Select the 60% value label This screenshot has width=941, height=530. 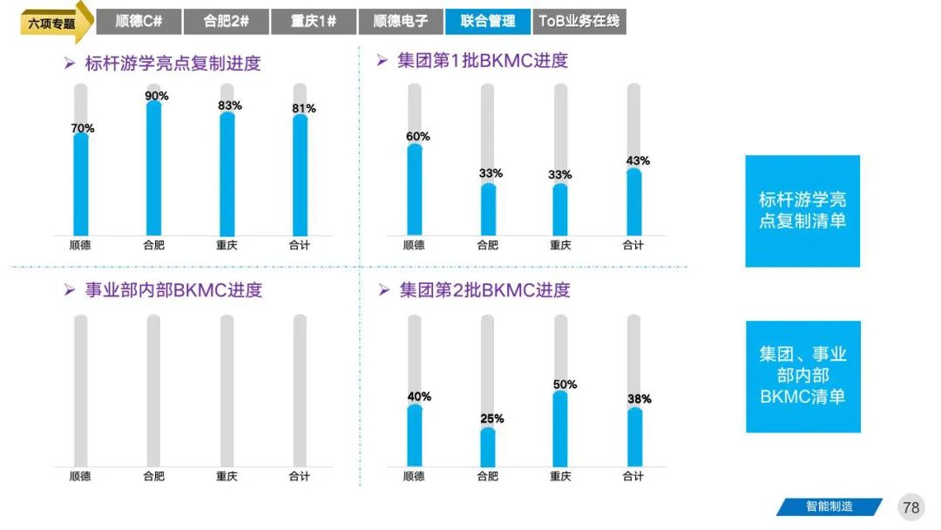tap(417, 137)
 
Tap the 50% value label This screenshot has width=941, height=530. tap(564, 384)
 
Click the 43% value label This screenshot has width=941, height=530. tap(637, 161)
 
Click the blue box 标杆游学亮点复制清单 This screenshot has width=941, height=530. tap(802, 211)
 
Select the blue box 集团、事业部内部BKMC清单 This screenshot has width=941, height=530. tap(802, 376)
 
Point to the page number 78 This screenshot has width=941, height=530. tap(911, 507)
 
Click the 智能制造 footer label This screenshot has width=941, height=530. tap(828, 506)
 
